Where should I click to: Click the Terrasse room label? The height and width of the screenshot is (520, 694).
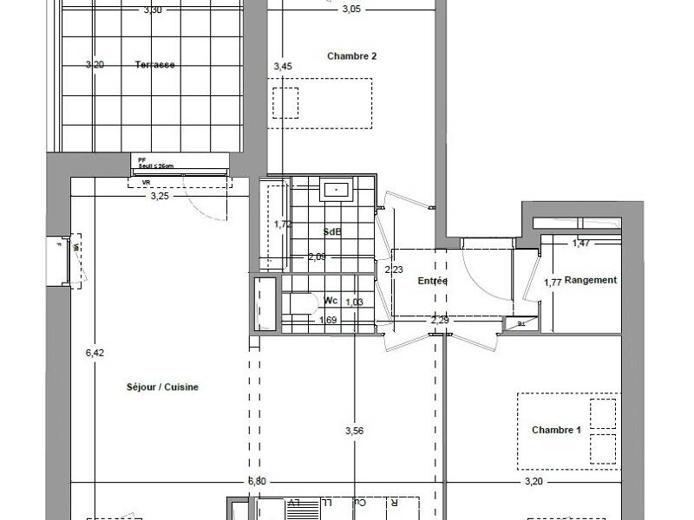[155, 65]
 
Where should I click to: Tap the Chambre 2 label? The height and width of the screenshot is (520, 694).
[351, 56]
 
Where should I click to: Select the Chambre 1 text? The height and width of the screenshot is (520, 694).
[555, 430]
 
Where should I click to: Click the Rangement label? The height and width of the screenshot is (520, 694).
[590, 280]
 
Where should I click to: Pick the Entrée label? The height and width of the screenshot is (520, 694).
[432, 281]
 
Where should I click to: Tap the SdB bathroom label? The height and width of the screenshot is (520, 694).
[331, 232]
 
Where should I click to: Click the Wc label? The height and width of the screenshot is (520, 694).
[331, 301]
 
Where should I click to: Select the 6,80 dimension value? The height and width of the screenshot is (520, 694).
[257, 481]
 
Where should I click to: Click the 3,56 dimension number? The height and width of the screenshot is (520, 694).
[354, 431]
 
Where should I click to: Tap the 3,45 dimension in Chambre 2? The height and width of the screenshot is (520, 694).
[283, 66]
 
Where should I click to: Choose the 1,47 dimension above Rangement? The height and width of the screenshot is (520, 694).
[581, 244]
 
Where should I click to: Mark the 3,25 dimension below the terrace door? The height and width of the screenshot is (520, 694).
[160, 196]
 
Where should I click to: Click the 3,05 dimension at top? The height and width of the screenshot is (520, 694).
[350, 10]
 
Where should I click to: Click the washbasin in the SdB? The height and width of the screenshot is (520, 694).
[335, 188]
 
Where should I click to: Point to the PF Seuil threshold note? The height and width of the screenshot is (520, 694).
[154, 162]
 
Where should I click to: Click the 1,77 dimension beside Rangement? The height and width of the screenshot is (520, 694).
[552, 283]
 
